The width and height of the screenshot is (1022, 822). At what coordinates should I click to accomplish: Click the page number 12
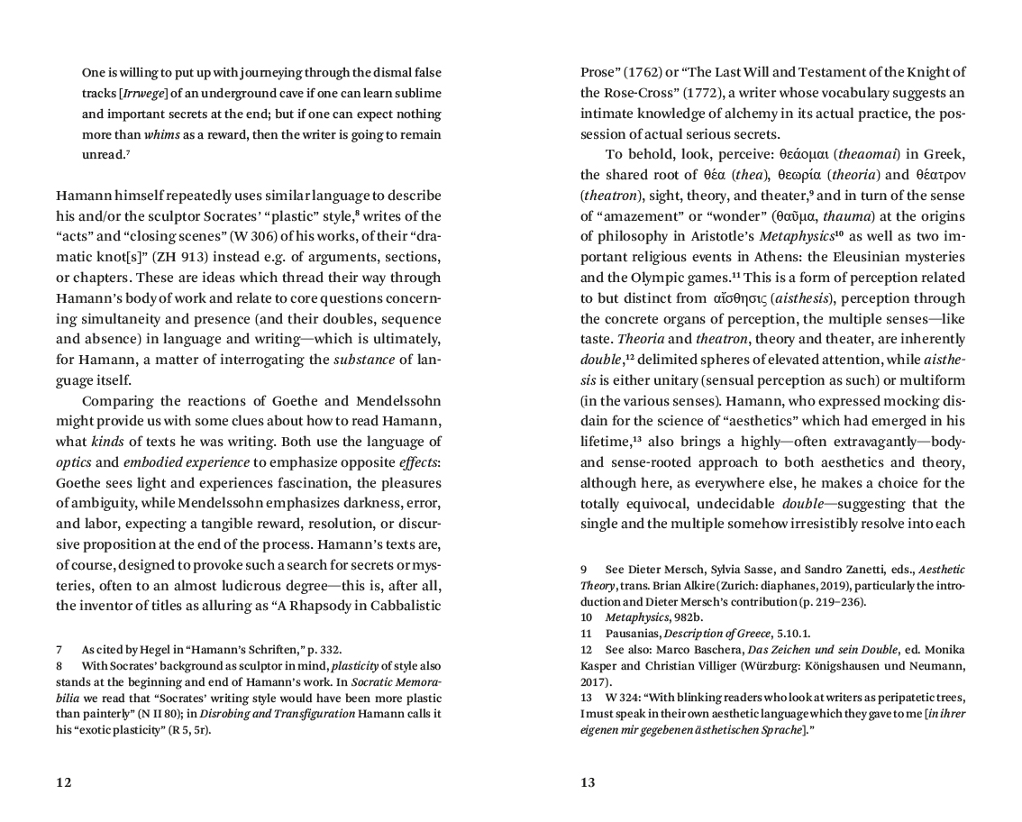pyautogui.click(x=63, y=782)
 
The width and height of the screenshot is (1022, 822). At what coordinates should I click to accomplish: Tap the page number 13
pyautogui.click(x=588, y=782)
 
